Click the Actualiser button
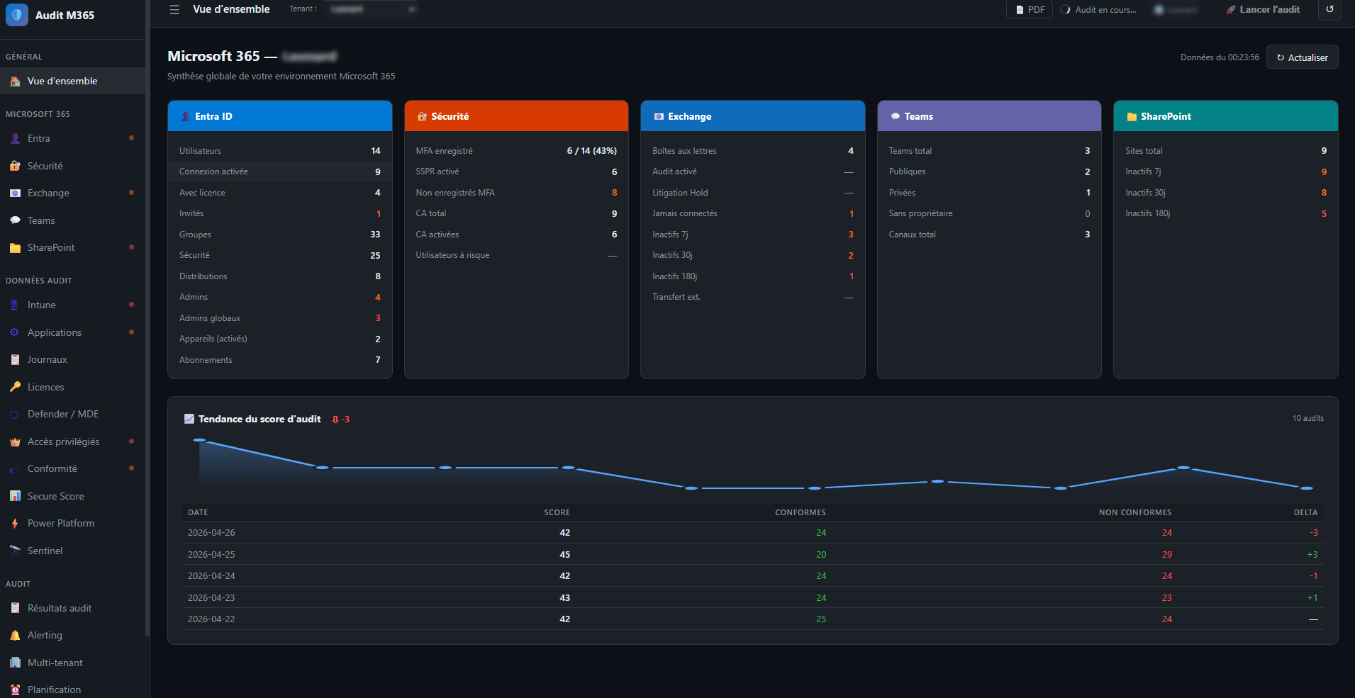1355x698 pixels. pos(1302,57)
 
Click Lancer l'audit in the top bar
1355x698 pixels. pos(1264,10)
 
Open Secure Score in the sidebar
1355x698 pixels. pos(55,496)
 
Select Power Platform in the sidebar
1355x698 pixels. pos(60,523)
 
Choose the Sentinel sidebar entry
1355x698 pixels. pos(45,551)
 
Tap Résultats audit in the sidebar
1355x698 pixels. pos(59,608)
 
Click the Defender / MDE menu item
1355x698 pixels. pos(62,414)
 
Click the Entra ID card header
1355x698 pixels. pos(279,116)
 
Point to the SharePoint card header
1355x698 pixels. pos(1225,116)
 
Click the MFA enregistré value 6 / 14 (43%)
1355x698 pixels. pos(591,151)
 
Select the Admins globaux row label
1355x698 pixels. pos(210,318)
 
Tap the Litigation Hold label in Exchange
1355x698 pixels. pos(680,193)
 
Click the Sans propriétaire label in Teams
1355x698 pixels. pos(920,213)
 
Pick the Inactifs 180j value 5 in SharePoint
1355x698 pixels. pos(1324,213)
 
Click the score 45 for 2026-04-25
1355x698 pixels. pos(564,554)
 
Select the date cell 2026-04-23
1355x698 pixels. pos(211,597)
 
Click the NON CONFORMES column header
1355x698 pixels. pos(1134,512)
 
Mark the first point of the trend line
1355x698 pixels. pos(199,440)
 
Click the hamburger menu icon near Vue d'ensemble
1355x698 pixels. pos(174,10)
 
